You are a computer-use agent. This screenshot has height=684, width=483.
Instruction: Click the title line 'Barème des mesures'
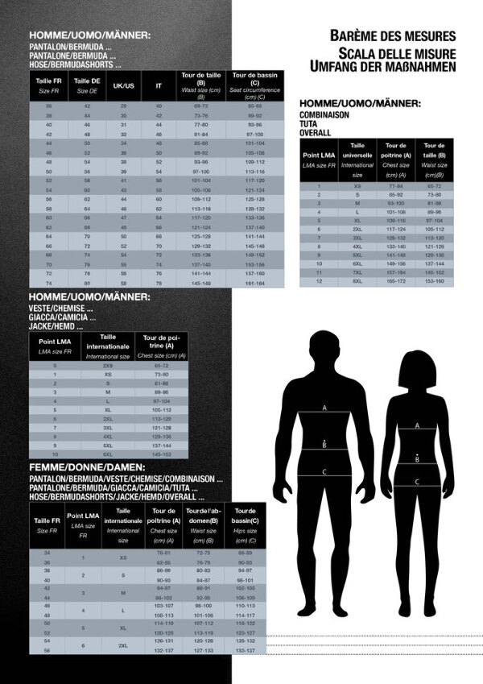(x=393, y=35)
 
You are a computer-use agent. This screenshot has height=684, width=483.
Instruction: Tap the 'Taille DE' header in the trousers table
(x=87, y=85)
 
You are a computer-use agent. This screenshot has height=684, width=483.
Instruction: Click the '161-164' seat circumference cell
(x=255, y=284)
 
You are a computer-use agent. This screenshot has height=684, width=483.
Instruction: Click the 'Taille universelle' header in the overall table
(x=357, y=159)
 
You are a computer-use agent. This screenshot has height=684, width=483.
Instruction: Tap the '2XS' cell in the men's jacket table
(x=108, y=365)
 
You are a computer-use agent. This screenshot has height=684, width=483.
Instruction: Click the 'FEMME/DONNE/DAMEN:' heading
(x=87, y=467)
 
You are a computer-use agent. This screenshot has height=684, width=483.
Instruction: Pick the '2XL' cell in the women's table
(x=123, y=645)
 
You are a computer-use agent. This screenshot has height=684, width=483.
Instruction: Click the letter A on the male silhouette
(x=324, y=408)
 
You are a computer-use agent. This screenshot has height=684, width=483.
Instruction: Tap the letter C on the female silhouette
(x=417, y=482)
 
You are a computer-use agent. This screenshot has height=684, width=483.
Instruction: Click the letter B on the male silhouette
(x=324, y=444)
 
